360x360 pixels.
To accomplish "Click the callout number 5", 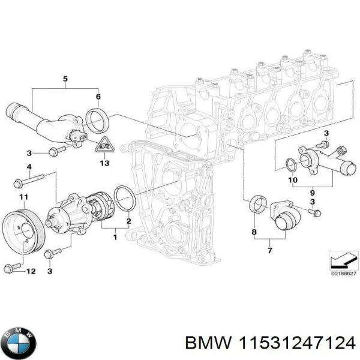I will click(65, 79).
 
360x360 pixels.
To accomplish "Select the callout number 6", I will click(99, 97).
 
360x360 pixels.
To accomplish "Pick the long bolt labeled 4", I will click(29, 178).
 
